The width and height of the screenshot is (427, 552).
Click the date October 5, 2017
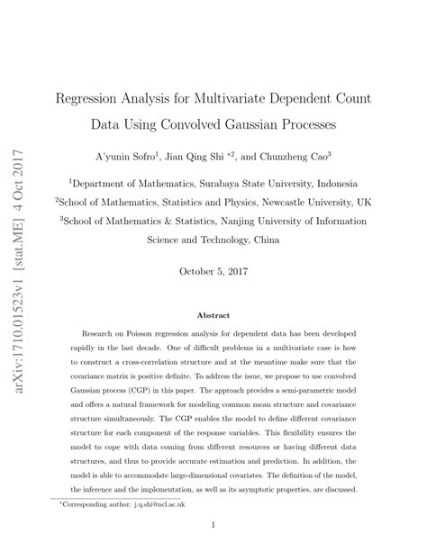pyautogui.click(x=213, y=270)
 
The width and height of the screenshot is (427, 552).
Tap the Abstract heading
pyautogui.click(x=213, y=315)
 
